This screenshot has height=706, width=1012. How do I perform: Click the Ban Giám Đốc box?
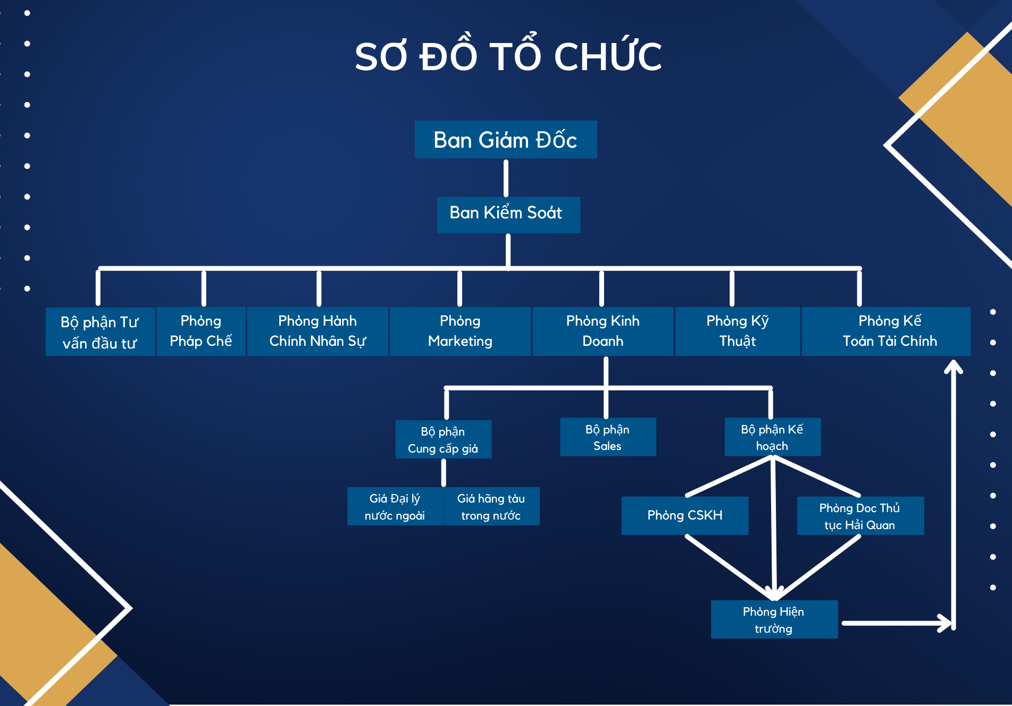click(506, 139)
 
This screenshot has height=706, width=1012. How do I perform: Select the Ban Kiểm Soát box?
click(508, 215)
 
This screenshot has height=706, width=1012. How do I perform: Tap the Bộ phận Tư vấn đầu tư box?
click(100, 331)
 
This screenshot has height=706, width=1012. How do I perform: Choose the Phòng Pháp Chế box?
click(201, 331)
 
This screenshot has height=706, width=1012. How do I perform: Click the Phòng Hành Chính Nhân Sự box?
click(317, 331)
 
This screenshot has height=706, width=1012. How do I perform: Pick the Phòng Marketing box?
click(460, 331)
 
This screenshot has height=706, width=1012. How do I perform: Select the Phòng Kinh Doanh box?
click(603, 331)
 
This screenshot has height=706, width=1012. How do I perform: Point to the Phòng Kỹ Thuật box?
click(738, 331)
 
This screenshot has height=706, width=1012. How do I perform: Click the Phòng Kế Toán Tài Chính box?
click(886, 331)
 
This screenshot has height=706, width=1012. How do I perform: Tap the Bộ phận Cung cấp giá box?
click(444, 439)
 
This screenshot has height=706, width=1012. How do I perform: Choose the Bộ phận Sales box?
click(608, 437)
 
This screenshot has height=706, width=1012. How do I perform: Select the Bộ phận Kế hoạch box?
click(773, 437)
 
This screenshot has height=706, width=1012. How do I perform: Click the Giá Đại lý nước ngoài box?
click(395, 506)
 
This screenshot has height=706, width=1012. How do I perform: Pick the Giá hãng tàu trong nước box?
click(491, 506)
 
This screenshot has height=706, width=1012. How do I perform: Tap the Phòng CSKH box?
click(685, 516)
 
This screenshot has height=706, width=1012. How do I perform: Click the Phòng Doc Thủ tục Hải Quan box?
click(860, 516)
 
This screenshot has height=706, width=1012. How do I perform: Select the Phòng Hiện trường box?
click(774, 619)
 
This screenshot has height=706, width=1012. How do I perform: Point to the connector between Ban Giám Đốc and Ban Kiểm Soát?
click(506, 178)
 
